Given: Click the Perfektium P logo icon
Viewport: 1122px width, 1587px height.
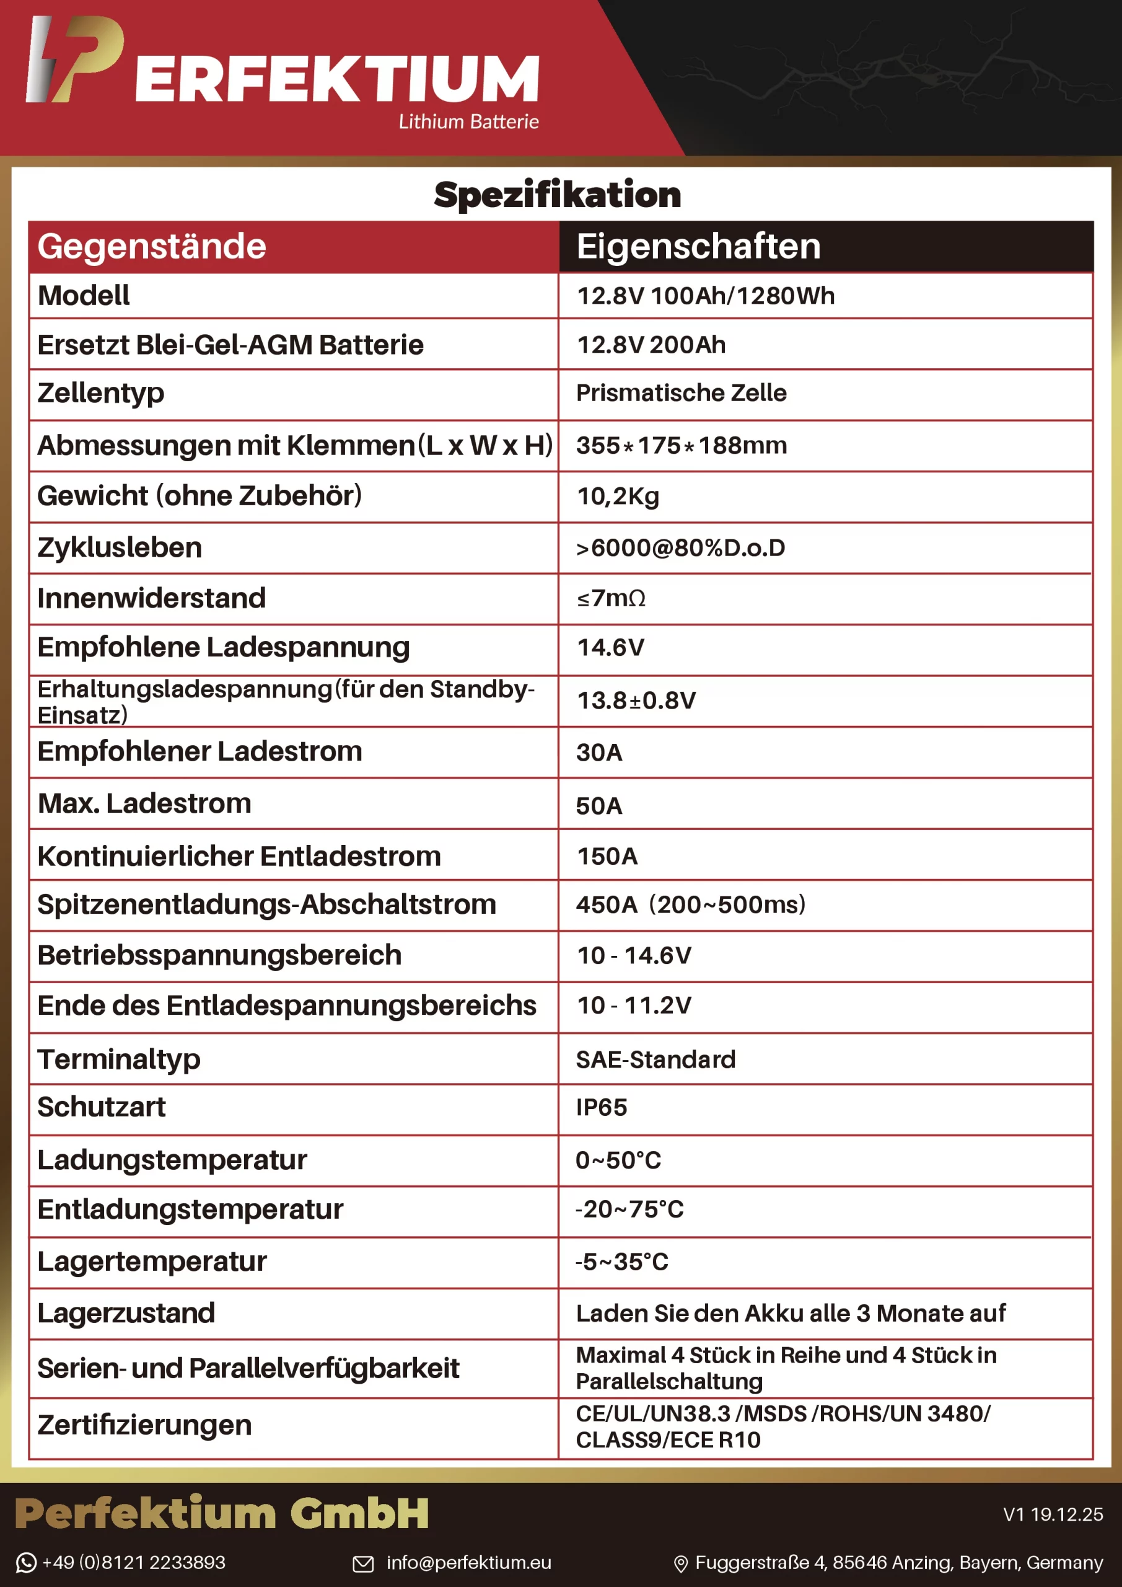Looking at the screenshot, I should pyautogui.click(x=74, y=60).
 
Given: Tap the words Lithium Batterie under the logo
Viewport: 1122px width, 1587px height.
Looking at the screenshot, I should pyautogui.click(x=468, y=122).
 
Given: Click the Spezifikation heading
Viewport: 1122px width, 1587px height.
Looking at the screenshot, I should pyautogui.click(x=557, y=194).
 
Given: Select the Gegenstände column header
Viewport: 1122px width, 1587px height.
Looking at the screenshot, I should pyautogui.click(x=152, y=246).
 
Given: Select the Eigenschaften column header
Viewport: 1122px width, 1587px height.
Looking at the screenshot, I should pyautogui.click(x=698, y=246).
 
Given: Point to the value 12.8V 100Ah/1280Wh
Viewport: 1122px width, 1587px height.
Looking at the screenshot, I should pyautogui.click(x=706, y=296).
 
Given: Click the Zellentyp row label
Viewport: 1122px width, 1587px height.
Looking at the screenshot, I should pyautogui.click(x=101, y=392).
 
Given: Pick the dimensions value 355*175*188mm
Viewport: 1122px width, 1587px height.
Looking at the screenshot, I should pyautogui.click(x=682, y=445).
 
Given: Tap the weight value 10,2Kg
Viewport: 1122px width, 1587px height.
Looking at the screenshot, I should pyautogui.click(x=618, y=497).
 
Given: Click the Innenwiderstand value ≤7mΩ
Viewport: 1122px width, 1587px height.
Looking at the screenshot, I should pyautogui.click(x=611, y=598).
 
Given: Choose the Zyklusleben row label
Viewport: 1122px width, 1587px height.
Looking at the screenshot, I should pyautogui.click(x=120, y=547).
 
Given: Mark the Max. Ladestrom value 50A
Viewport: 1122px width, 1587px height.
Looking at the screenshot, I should pyautogui.click(x=599, y=805).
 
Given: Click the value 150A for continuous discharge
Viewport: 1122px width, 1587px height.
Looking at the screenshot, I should pyautogui.click(x=607, y=856).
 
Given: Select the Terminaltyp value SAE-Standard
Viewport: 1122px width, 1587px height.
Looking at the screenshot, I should pyautogui.click(x=655, y=1059).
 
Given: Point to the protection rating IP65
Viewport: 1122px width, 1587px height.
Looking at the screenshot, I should pyautogui.click(x=601, y=1107).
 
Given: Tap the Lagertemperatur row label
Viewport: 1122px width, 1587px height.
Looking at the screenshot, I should pyautogui.click(x=152, y=1262).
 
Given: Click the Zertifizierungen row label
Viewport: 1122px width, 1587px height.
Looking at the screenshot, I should pyautogui.click(x=144, y=1425).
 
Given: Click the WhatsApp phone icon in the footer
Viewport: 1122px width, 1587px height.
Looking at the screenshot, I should pyautogui.click(x=25, y=1562).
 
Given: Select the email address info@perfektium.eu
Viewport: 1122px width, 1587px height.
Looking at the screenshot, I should pyautogui.click(x=468, y=1562).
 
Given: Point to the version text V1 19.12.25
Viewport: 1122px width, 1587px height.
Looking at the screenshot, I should pyautogui.click(x=1052, y=1514).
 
